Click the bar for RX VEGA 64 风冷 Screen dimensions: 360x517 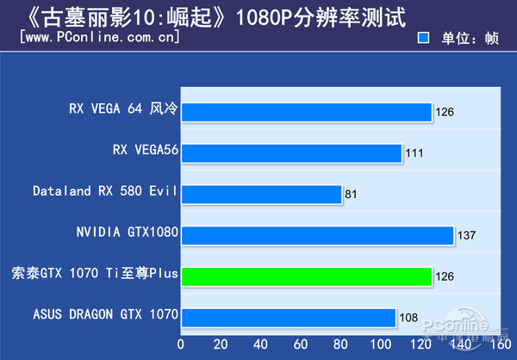(306, 112)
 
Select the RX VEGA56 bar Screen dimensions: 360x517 (291, 153)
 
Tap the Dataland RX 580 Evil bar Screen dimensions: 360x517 (261, 194)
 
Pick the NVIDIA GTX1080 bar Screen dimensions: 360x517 (317, 234)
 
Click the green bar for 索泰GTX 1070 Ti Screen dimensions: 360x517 (306, 276)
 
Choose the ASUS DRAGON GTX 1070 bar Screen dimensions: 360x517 (288, 316)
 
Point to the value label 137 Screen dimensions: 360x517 (466, 235)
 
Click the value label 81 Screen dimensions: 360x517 (351, 195)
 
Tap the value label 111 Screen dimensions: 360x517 (414, 153)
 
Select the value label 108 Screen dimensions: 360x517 (408, 317)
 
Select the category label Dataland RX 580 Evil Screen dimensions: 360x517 (104, 190)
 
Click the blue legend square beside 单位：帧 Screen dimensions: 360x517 (422, 39)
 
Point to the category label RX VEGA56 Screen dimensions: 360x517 (145, 150)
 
